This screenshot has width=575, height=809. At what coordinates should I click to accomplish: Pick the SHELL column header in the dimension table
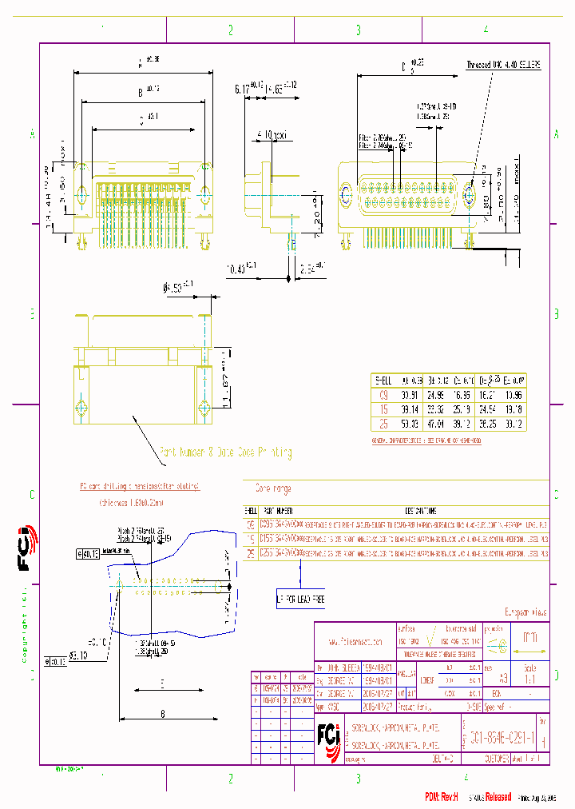tap(383, 381)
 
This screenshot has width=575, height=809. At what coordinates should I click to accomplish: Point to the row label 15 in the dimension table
tap(383, 409)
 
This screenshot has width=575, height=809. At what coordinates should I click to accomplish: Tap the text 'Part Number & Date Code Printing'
tap(225, 452)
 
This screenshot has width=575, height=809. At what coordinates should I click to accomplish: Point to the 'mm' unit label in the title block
tap(529, 639)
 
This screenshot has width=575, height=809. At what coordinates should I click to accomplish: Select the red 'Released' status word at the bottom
tap(492, 797)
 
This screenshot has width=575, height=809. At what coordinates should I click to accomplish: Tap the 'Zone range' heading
tap(272, 488)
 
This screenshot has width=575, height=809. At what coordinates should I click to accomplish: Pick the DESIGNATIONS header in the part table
tap(420, 510)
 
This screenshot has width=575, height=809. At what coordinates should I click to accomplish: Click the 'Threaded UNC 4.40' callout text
tap(503, 63)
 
